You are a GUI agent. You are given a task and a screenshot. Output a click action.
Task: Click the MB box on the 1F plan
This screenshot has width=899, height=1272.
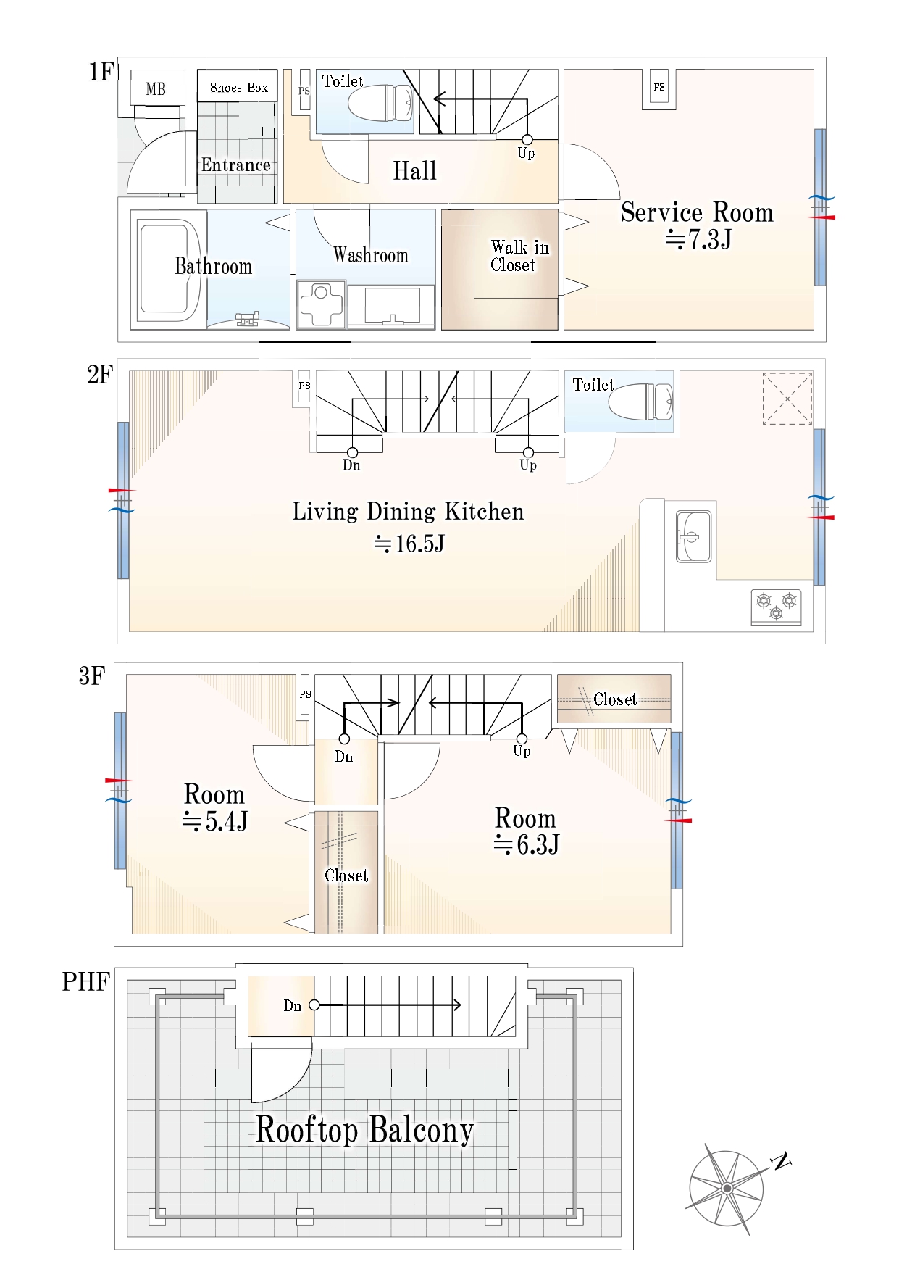(157, 88)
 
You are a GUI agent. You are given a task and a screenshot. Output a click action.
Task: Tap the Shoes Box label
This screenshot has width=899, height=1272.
(239, 88)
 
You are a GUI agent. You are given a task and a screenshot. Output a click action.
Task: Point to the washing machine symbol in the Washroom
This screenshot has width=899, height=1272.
(321, 304)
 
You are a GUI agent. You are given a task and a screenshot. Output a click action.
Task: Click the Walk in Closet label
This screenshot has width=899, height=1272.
(519, 256)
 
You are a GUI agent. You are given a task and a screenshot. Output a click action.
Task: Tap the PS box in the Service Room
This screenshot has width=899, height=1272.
(659, 87)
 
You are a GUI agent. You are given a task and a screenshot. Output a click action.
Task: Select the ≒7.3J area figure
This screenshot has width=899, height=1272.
(699, 238)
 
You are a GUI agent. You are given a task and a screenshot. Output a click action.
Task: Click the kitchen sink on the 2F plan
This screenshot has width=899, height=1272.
(693, 536)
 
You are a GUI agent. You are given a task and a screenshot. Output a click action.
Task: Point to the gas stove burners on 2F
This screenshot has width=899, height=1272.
(776, 607)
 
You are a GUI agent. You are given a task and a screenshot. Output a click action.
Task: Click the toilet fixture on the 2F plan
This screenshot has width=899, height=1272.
(640, 402)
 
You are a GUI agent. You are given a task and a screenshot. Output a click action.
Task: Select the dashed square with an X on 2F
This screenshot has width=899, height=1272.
(787, 399)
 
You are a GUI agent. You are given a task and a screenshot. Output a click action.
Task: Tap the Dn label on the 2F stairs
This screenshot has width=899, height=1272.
(351, 465)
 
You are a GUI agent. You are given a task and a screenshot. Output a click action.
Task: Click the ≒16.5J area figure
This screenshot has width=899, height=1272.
(409, 544)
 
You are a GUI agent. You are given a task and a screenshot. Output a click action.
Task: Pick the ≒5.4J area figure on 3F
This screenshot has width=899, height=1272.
(215, 821)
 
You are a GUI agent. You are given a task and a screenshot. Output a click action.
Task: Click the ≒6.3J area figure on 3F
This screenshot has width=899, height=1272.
(527, 844)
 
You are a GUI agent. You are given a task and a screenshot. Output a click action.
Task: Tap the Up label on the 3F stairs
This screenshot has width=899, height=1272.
(522, 752)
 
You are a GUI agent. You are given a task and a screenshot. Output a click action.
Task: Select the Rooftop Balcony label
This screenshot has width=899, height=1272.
(365, 1130)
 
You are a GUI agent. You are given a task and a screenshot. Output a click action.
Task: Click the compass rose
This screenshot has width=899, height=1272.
(727, 1189)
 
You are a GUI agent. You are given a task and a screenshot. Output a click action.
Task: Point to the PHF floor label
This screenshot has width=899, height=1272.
(86, 982)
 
